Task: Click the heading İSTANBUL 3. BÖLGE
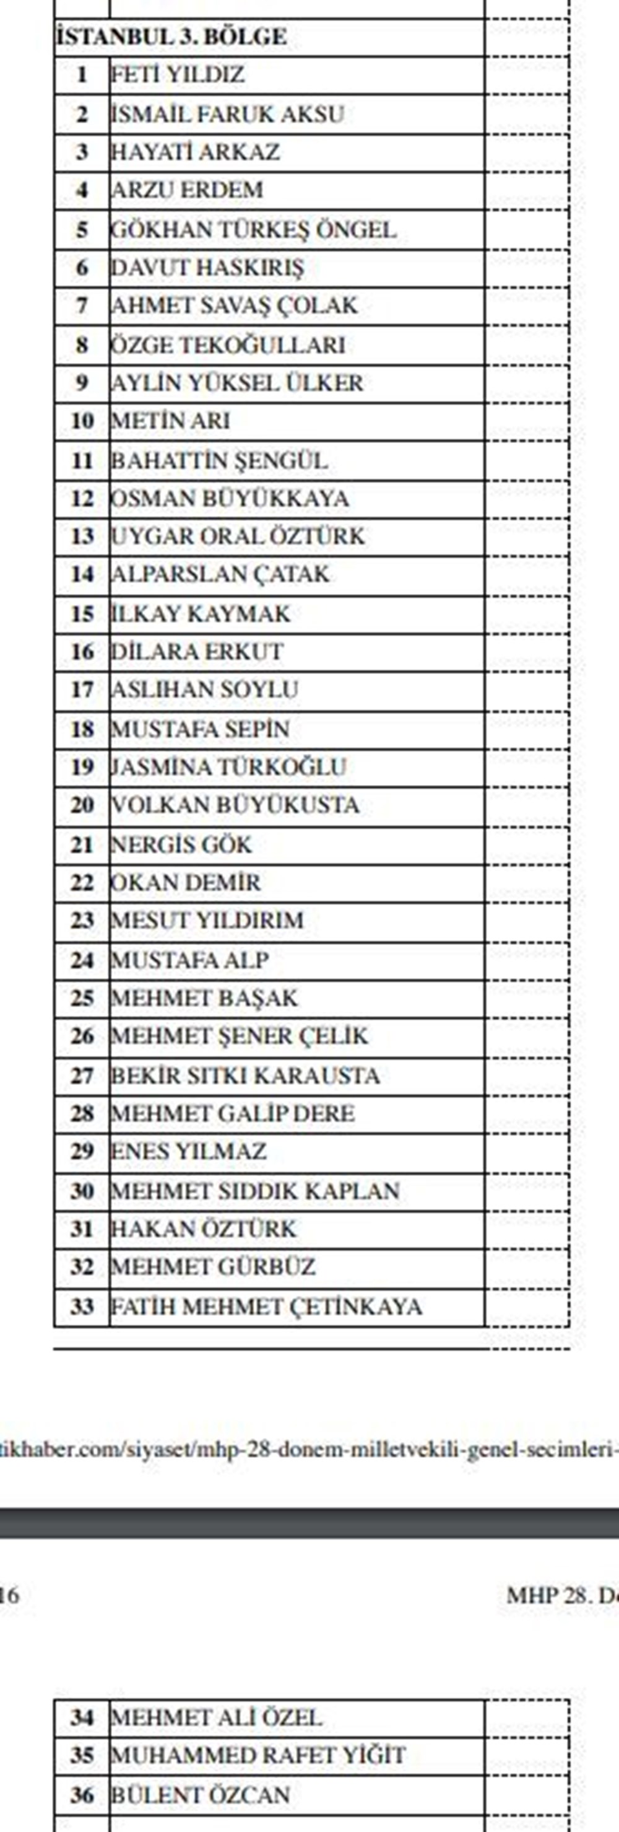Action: click(171, 37)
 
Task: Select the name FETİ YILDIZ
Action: click(178, 75)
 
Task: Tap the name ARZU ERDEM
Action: click(187, 190)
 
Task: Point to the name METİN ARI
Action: click(171, 420)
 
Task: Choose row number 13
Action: click(82, 535)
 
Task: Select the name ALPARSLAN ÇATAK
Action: click(220, 574)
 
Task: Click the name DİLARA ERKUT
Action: click(197, 651)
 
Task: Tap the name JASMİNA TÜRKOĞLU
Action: click(228, 766)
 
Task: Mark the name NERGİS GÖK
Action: click(181, 844)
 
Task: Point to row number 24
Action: click(82, 960)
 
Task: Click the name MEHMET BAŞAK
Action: click(205, 998)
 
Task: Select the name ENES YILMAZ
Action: click(188, 1150)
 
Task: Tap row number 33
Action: click(82, 1307)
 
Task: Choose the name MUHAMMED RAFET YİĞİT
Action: click(258, 1755)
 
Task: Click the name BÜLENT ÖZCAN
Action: click(200, 1794)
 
